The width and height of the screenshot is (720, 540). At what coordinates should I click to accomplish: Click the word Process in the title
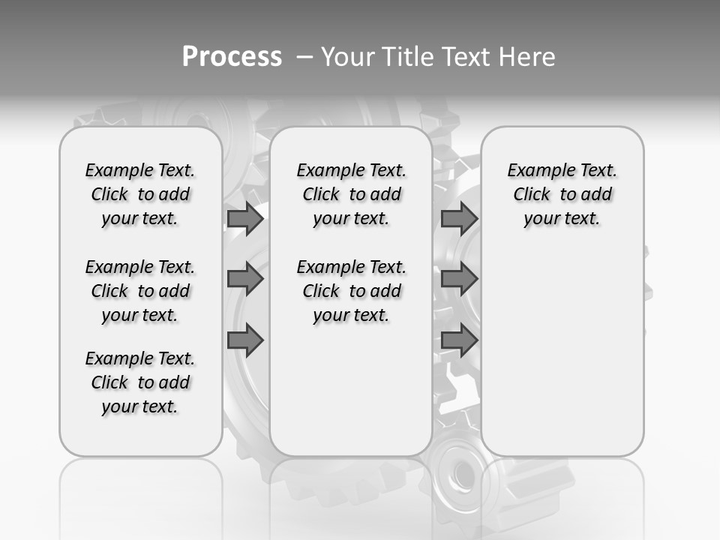[x=232, y=57]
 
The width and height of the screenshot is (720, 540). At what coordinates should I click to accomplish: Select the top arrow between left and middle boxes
[x=245, y=219]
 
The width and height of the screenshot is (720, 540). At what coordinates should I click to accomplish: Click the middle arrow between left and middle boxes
[x=245, y=280]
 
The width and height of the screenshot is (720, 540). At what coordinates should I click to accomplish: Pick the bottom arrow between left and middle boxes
[x=245, y=340]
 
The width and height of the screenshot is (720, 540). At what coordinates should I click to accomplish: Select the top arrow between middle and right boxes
[x=459, y=219]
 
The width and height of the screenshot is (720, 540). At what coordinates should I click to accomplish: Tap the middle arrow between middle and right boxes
[x=459, y=280]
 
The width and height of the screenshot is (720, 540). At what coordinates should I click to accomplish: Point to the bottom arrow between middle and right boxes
[x=459, y=340]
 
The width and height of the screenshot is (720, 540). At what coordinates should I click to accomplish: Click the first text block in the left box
[x=140, y=194]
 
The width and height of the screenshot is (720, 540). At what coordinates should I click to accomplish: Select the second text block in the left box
[x=140, y=291]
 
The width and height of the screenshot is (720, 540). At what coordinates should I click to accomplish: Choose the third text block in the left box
[x=140, y=382]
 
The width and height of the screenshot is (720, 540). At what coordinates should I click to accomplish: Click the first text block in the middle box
[x=351, y=194]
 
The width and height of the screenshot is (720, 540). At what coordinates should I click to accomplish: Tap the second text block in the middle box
[x=351, y=291]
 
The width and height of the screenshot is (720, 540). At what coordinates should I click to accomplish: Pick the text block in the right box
[x=562, y=194]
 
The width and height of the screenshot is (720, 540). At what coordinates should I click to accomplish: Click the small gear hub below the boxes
[x=459, y=471]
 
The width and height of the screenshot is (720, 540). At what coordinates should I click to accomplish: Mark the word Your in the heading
[x=349, y=57]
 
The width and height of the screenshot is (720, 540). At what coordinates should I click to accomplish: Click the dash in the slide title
[x=304, y=57]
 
